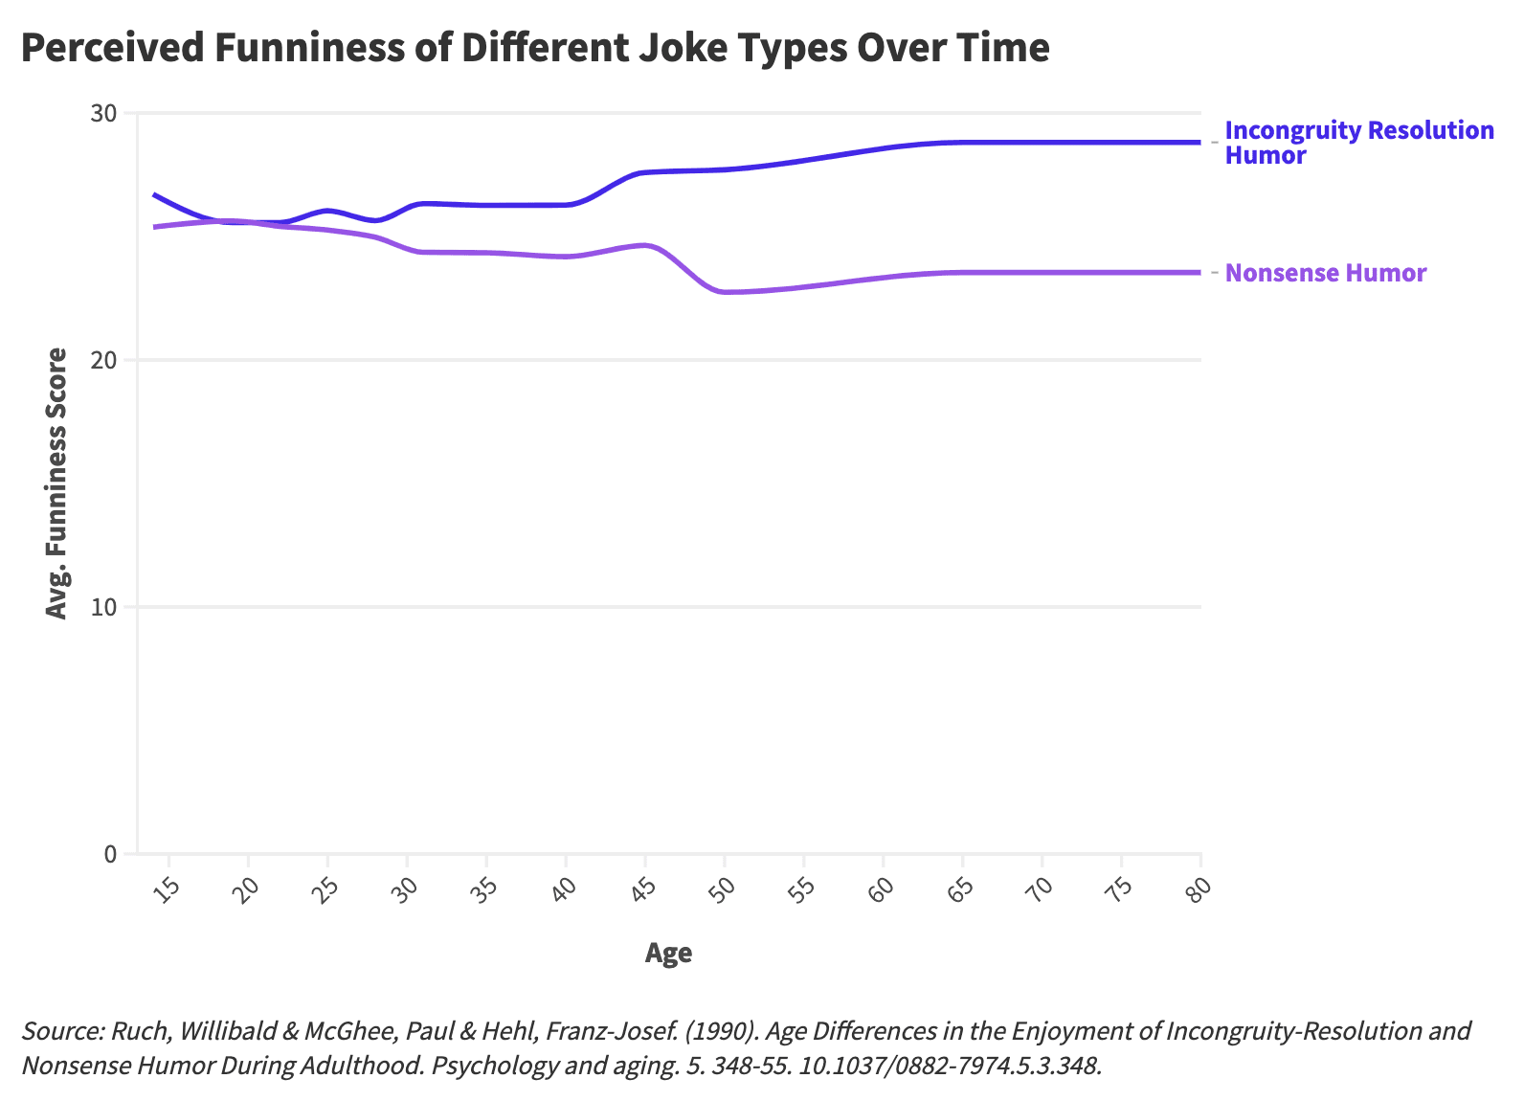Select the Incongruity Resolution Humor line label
pyautogui.click(x=1358, y=143)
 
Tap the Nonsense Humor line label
pyautogui.click(x=1325, y=273)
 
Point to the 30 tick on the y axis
pyautogui.click(x=103, y=114)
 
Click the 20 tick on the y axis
pyautogui.click(x=103, y=361)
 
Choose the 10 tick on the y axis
pyautogui.click(x=103, y=607)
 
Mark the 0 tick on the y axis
pyautogui.click(x=109, y=854)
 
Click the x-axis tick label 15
pyautogui.click(x=167, y=888)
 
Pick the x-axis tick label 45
pyautogui.click(x=643, y=888)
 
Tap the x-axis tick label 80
pyautogui.click(x=1199, y=888)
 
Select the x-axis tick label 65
pyautogui.click(x=960, y=888)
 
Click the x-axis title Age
pyautogui.click(x=668, y=953)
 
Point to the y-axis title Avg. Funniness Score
pyautogui.click(x=57, y=483)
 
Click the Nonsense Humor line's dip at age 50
pyautogui.click(x=725, y=292)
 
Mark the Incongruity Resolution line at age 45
pyautogui.click(x=645, y=172)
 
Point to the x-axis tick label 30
pyautogui.click(x=405, y=888)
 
